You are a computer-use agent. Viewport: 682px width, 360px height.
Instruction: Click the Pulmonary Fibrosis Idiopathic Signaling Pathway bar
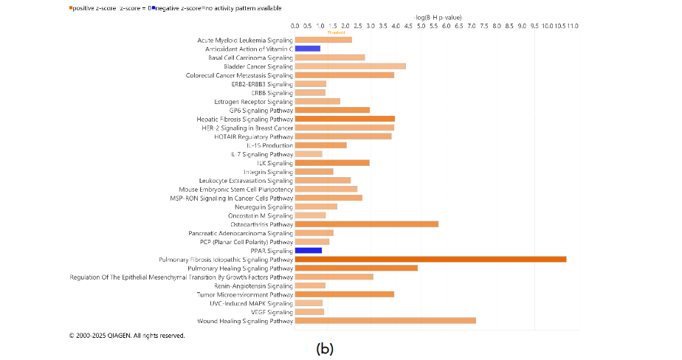pyautogui.click(x=430, y=259)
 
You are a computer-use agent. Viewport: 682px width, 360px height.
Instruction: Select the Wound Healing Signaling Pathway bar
pyautogui.click(x=385, y=321)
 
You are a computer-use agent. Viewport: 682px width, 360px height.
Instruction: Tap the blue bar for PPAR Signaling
pyautogui.click(x=308, y=250)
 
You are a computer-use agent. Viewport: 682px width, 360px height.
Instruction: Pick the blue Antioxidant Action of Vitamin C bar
pyautogui.click(x=307, y=49)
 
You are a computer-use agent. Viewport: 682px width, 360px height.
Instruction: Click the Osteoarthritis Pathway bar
pyautogui.click(x=366, y=224)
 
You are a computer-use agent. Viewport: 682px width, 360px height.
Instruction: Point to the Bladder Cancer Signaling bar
pyautogui.click(x=350, y=66)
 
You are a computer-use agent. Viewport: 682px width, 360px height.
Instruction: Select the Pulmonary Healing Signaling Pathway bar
pyautogui.click(x=356, y=268)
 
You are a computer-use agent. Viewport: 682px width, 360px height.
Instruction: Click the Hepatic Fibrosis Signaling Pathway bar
pyautogui.click(x=345, y=119)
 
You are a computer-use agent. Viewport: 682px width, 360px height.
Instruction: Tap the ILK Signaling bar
pyautogui.click(x=332, y=162)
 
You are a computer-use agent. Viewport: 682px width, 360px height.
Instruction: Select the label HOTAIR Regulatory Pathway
pyautogui.click(x=252, y=136)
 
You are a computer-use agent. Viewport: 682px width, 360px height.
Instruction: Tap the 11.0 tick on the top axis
pyautogui.click(x=572, y=26)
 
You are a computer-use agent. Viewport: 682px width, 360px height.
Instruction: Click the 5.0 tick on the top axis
pyautogui.click(x=421, y=26)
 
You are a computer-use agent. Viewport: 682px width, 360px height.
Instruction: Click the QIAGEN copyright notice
pyautogui.click(x=127, y=336)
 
